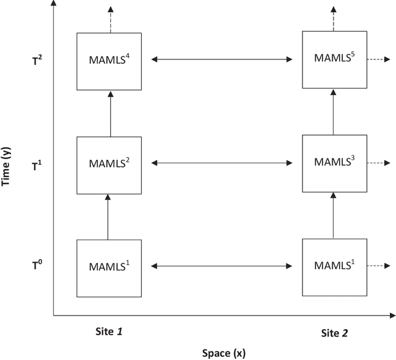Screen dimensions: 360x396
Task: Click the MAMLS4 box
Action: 109,60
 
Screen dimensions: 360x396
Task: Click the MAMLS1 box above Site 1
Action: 109,267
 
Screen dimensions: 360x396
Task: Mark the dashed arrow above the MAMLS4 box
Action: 110,19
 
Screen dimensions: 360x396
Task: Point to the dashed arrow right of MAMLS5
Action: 377,60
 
